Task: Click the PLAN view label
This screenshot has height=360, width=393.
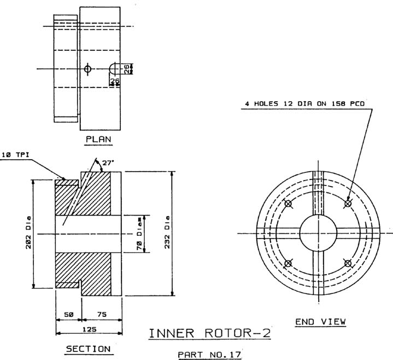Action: coord(98,139)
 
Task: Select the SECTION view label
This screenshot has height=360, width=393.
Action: coord(88,349)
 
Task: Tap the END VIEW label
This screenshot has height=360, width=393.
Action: coord(320,322)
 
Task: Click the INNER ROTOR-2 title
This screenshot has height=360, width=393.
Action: coord(210,333)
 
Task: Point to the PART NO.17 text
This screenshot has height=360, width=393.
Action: coord(209,355)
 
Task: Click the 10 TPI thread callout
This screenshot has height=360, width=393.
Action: coord(15,155)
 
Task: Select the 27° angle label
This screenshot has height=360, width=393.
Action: coord(108,163)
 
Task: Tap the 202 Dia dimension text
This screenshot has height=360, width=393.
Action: coord(28,233)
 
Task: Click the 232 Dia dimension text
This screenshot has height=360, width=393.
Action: coord(167,233)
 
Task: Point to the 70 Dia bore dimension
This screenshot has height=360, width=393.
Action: coord(139,234)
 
